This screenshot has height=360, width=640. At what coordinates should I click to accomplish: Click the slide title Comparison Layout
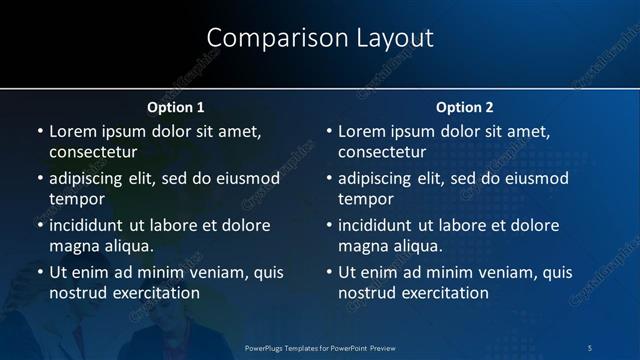(320, 38)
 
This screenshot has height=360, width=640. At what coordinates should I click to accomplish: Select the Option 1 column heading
(176, 107)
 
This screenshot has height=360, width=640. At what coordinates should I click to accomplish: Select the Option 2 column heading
(465, 107)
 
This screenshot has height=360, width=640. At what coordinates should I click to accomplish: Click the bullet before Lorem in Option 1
(39, 132)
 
